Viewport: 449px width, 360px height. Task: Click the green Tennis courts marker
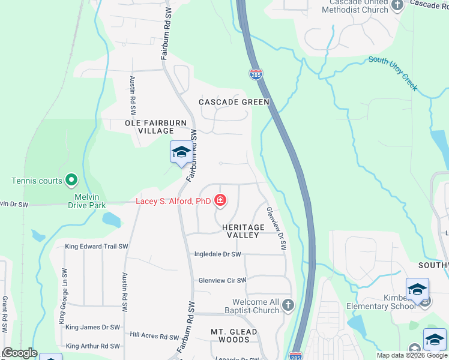(71, 179)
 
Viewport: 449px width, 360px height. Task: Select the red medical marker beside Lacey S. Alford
(220, 200)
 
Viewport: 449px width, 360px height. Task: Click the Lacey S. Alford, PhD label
(173, 202)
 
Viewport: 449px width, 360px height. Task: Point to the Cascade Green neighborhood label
(234, 102)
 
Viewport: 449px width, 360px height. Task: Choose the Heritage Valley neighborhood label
(243, 232)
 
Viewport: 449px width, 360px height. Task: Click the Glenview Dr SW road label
(276, 229)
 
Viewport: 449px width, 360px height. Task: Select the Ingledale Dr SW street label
(217, 254)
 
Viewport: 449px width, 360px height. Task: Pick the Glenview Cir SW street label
(223, 280)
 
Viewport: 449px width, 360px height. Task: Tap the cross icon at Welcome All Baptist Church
(288, 305)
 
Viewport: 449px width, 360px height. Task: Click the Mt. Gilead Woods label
(234, 335)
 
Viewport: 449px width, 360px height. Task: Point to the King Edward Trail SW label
(97, 247)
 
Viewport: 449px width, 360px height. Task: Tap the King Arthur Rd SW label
(93, 346)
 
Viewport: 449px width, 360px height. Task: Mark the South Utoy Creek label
(393, 73)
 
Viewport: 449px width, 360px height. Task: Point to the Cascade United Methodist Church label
(355, 6)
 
